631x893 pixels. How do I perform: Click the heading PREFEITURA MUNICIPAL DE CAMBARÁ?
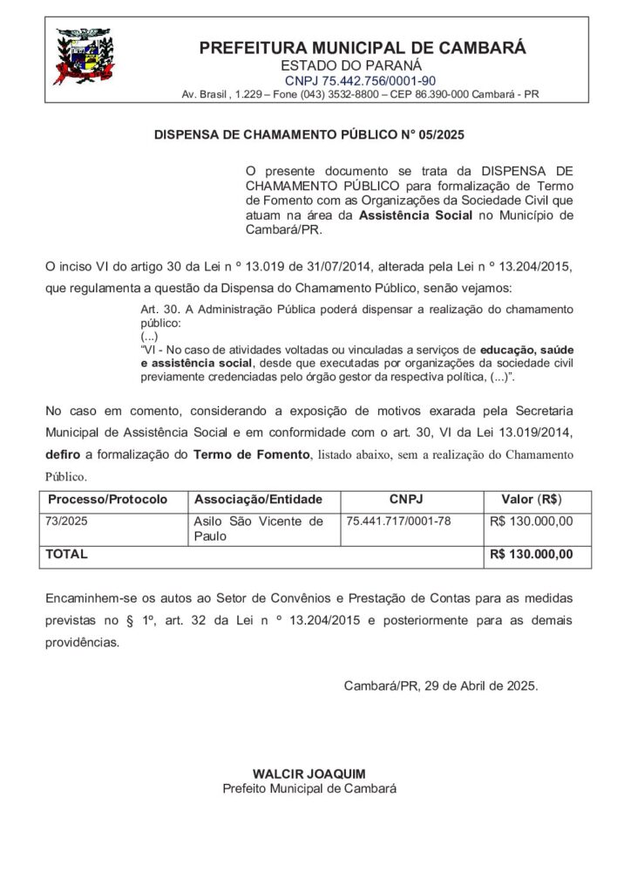click(363, 48)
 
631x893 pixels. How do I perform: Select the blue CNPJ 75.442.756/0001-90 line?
click(363, 79)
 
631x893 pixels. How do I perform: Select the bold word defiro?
click(64, 455)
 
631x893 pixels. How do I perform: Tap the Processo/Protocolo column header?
click(108, 500)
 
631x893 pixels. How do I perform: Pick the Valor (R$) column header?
click(531, 500)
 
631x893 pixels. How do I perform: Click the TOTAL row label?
click(66, 554)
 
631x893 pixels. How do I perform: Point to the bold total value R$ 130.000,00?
click(532, 554)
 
